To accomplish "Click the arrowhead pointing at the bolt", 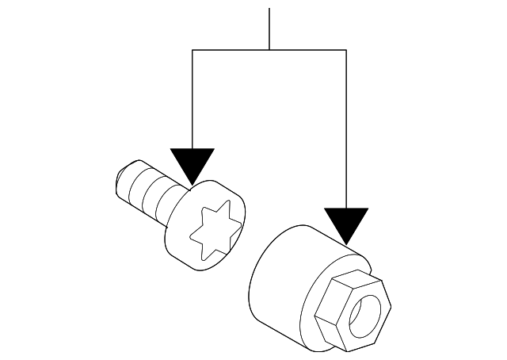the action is pos(193,165).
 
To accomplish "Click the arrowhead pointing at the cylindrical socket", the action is pos(346,223).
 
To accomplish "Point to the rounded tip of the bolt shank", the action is pos(120,180).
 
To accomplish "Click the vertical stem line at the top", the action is pos(269,29).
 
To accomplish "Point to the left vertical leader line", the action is pos(193,99).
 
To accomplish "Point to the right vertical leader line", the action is pos(346,127).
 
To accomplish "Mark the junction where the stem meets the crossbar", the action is pos(269,50).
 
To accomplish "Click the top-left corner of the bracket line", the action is pos(193,50).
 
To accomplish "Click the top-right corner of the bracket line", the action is pos(346,50).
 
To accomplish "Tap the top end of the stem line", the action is pos(269,9).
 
